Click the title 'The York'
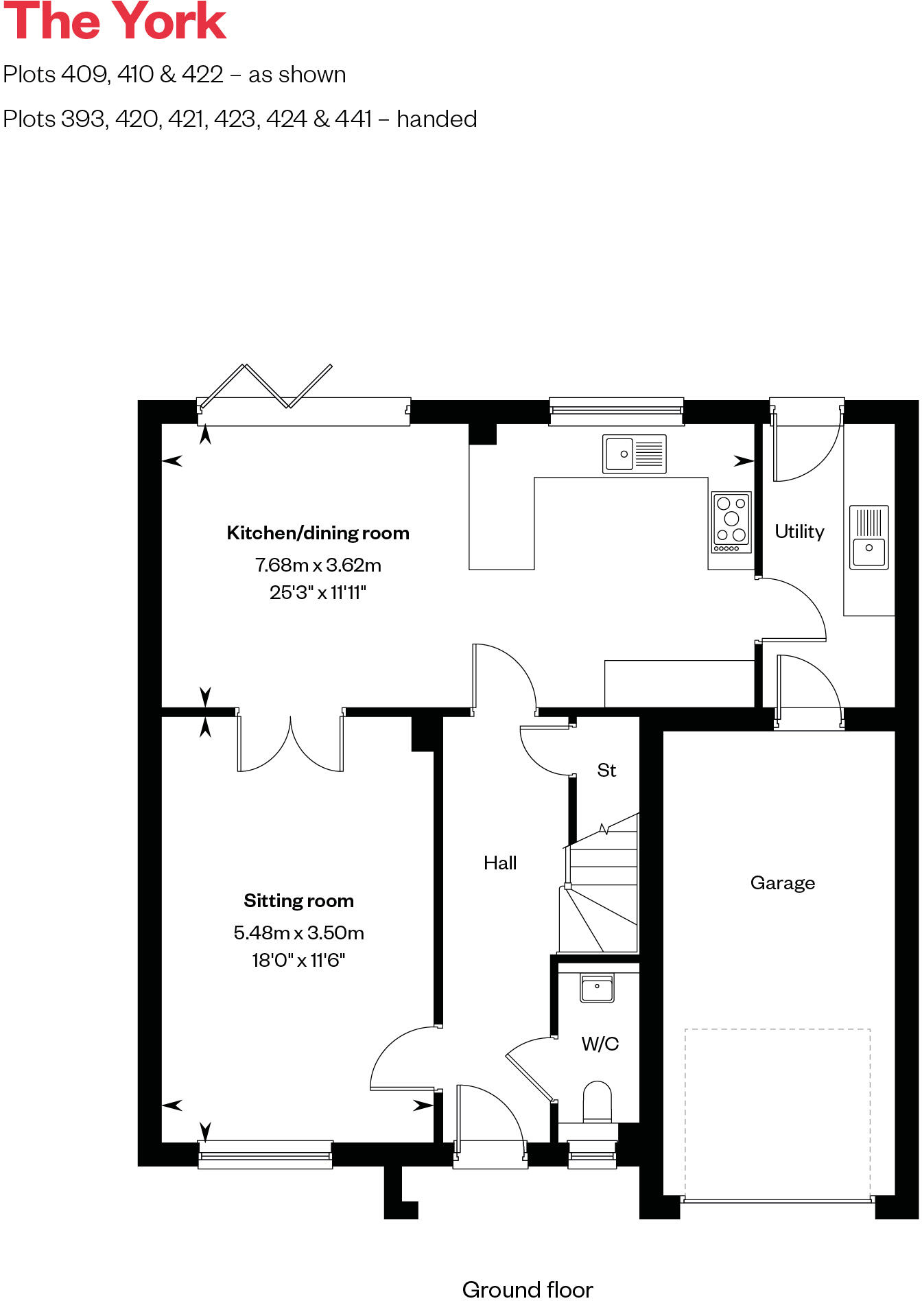click(115, 22)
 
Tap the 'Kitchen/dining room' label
click(318, 533)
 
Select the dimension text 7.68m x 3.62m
click(318, 565)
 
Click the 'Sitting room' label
click(298, 901)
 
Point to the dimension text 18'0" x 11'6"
click(298, 960)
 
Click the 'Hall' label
click(500, 863)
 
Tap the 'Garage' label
click(783, 883)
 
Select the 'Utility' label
click(799, 532)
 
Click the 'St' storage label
click(606, 771)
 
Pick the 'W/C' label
click(600, 1044)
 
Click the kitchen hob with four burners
click(731, 522)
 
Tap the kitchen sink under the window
click(634, 454)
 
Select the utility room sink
click(869, 537)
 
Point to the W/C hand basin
click(597, 989)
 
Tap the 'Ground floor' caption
click(528, 1289)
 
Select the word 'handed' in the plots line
click(436, 119)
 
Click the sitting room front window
click(265, 1155)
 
